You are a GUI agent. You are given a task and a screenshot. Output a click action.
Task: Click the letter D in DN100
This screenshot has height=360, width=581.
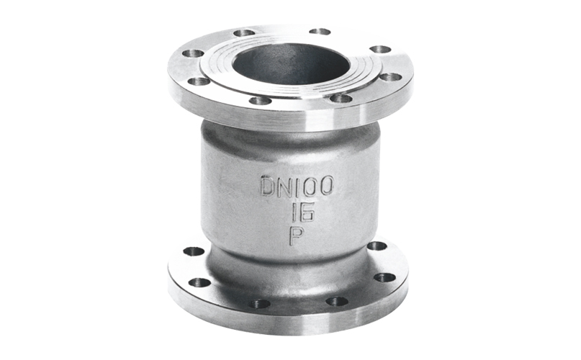pos(268,186)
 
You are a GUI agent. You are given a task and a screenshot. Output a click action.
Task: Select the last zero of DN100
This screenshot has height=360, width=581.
pos(325,186)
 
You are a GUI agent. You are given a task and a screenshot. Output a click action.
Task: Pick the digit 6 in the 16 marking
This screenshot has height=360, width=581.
pos(302,212)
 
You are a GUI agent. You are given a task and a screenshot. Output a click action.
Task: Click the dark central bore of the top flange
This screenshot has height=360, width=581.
pos(292,60)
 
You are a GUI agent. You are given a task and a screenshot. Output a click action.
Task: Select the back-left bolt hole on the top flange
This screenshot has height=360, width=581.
pos(244,32)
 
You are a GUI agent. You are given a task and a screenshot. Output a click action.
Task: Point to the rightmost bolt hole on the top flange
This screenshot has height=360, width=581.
pos(389,76)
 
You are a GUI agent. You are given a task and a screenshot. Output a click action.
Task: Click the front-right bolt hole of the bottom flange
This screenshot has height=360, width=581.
pos(336,301)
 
